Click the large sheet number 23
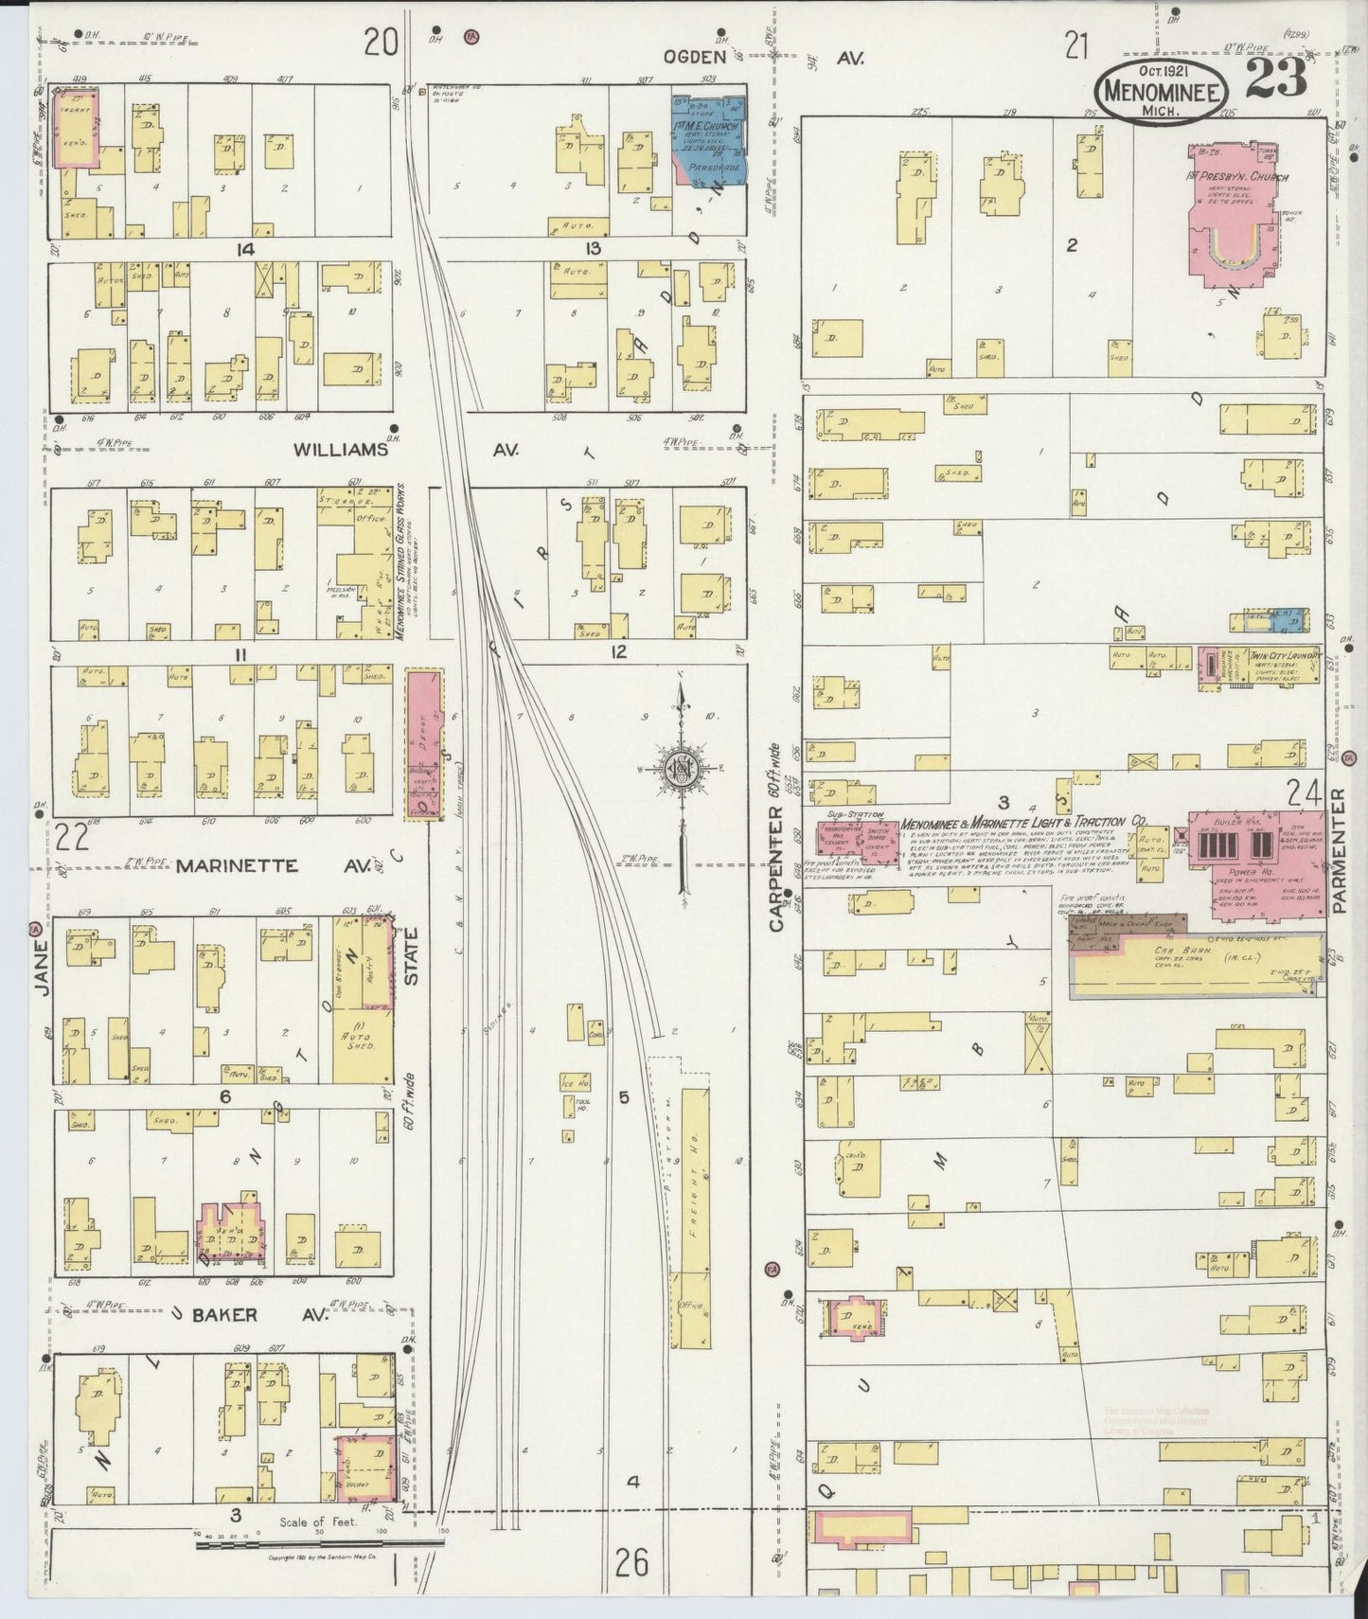tap(1276, 79)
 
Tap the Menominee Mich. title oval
tap(1162, 89)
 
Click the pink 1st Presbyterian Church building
tap(1248, 213)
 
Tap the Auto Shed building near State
tap(363, 1041)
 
